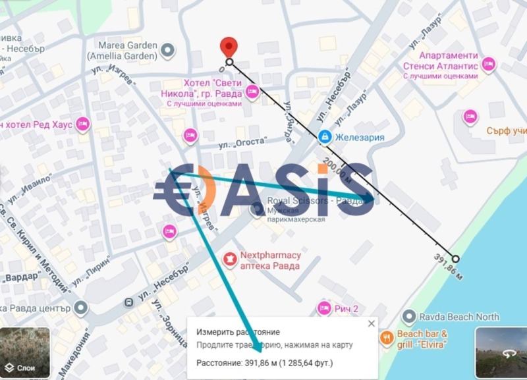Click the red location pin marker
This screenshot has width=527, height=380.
click(x=229, y=47)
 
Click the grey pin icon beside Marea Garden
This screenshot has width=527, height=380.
click(x=169, y=49)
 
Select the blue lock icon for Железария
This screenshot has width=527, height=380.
click(x=324, y=137)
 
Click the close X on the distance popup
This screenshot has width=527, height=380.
click(x=371, y=323)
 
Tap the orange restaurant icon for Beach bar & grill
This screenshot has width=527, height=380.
click(x=387, y=339)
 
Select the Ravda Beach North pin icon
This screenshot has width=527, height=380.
click(x=409, y=317)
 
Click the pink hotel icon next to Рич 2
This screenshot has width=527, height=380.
click(x=323, y=308)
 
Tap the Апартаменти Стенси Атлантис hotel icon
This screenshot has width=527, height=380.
click(x=488, y=64)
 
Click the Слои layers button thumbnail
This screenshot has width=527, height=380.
click(x=25, y=353)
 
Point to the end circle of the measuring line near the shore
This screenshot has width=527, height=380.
click(x=455, y=258)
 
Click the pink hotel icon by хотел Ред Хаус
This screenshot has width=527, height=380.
click(x=82, y=124)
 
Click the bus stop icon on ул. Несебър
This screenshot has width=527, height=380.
click(x=129, y=302)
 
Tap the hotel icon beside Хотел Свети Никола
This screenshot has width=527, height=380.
click(x=251, y=94)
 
